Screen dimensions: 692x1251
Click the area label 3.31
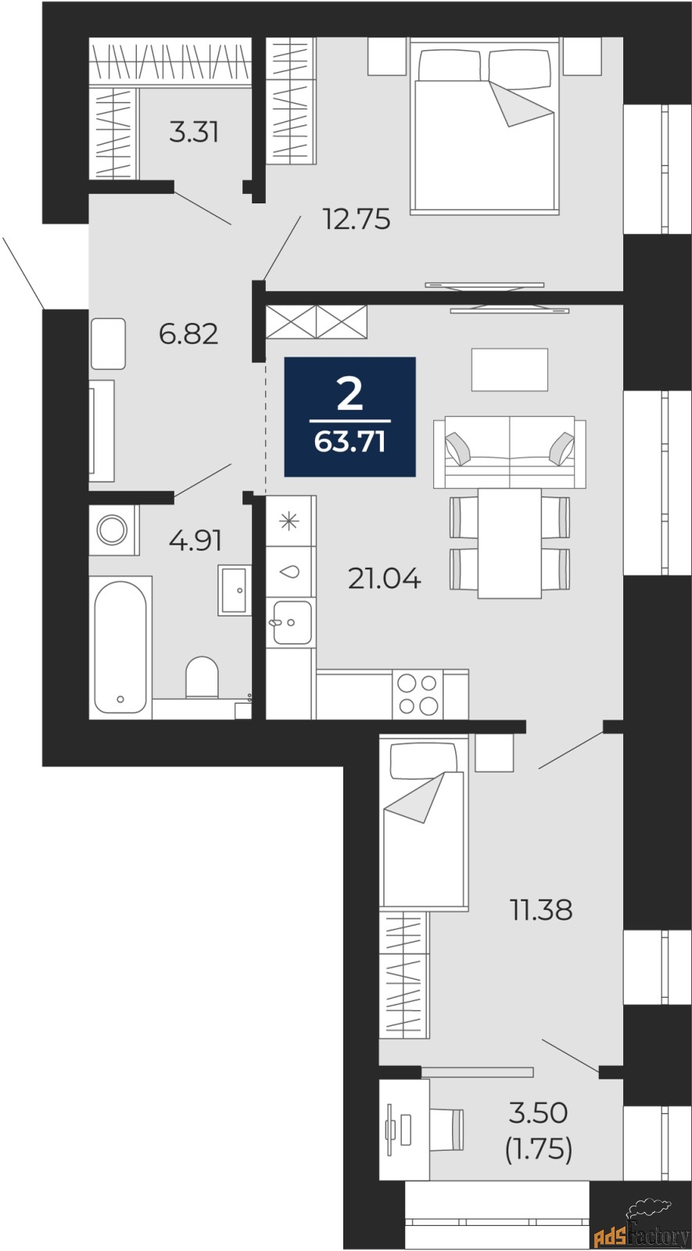[194, 132]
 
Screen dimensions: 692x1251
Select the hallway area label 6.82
[188, 334]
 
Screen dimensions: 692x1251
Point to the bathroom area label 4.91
[196, 540]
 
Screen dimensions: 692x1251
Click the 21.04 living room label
[384, 579]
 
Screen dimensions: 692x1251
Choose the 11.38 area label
[541, 909]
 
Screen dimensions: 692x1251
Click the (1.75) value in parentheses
[539, 1150]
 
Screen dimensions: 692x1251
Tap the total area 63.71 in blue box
[350, 442]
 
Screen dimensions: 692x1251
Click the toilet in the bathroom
[202, 677]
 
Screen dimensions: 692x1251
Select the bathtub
[120, 647]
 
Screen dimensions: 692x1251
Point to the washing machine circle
[113, 529]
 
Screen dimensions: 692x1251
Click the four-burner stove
[418, 694]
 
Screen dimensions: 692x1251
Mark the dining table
[509, 543]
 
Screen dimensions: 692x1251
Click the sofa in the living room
[510, 452]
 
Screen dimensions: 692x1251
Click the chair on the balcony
[447, 1129]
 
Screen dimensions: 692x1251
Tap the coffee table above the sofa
[510, 369]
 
